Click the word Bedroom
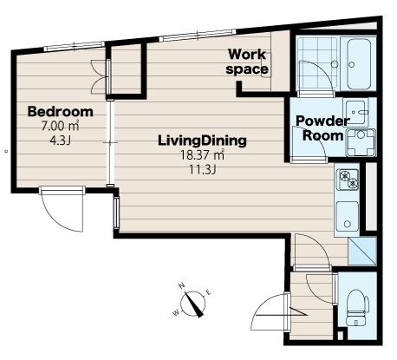[x=61, y=112]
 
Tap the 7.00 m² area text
[x=61, y=126]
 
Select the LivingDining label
[x=202, y=141]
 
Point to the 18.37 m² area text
[x=202, y=155]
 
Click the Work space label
[x=247, y=62]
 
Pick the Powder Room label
[x=322, y=128]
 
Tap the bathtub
[x=359, y=64]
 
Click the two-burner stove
[x=348, y=180]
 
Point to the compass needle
[x=193, y=304]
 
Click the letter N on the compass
[x=182, y=286]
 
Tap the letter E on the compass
[x=209, y=293]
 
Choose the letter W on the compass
[x=176, y=312]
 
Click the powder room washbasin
[x=355, y=112]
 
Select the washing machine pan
[x=361, y=142]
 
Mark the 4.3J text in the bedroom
[x=61, y=141]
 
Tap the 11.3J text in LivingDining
[x=202, y=169]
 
